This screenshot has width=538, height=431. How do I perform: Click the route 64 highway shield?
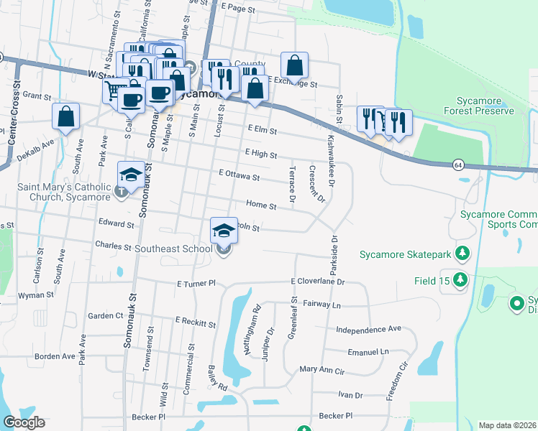coord(458,164)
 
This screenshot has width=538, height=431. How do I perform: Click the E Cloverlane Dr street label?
coord(319,282)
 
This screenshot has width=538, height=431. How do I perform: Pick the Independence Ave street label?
coord(368,329)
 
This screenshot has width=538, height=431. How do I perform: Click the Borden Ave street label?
coord(55,356)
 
